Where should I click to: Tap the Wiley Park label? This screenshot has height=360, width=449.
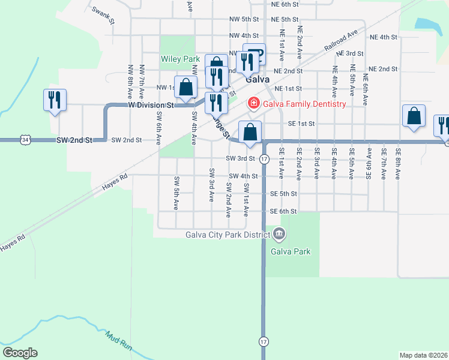click(179, 59)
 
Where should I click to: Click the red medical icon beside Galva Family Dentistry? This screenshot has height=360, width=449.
click(253, 104)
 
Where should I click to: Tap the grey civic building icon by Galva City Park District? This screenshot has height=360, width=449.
click(278, 233)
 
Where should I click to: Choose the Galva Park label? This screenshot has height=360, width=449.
click(291, 251)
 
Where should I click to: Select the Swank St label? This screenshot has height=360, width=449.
click(103, 13)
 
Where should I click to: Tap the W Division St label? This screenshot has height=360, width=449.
click(151, 104)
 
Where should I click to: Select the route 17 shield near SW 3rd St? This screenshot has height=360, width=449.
click(264, 159)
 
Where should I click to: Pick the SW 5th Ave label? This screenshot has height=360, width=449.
click(176, 193)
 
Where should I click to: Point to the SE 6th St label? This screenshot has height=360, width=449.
click(283, 211)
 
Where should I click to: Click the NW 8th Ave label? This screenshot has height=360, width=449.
click(130, 82)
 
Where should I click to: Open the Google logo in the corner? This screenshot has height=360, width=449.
click(20, 353)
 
